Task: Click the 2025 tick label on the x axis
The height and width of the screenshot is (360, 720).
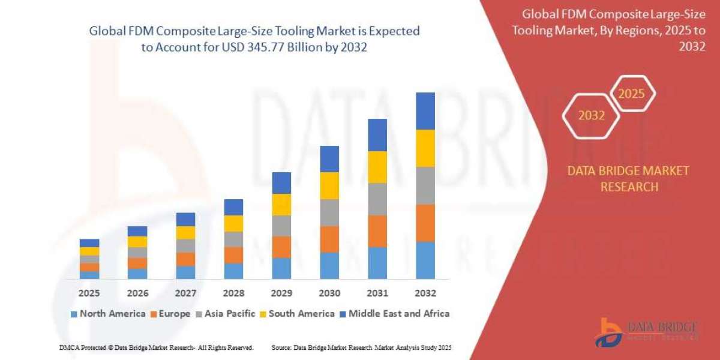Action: coord(89,293)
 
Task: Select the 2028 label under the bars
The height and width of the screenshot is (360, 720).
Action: coord(233,293)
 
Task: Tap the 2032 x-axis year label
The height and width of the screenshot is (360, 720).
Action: coord(425,293)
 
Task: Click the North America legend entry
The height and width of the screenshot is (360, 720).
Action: coord(108,313)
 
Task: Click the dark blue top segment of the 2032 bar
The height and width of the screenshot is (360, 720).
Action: coord(425,111)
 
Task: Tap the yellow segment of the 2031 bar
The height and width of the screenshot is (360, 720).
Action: coord(377,167)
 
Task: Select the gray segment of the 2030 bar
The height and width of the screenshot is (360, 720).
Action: coord(329,212)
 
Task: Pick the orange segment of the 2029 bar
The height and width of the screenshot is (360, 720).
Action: coord(281,247)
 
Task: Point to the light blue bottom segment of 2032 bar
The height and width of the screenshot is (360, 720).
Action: coord(425,260)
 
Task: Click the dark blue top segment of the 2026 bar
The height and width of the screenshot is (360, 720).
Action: coord(137,231)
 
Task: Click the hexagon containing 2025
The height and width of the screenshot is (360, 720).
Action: coord(631,94)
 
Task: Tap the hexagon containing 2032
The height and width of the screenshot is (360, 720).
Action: coord(591,116)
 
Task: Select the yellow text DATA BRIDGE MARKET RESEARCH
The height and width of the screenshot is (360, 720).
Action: coord(628,179)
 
